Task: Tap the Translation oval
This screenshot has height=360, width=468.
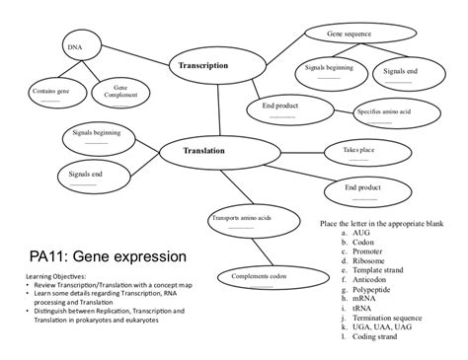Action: pyautogui.click(x=204, y=151)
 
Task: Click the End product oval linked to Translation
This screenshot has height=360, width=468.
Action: pyautogui.click(x=363, y=188)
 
